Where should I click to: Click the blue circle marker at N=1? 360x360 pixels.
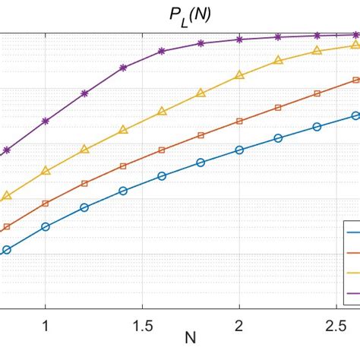[46, 226]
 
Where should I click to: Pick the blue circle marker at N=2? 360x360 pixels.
[239, 150]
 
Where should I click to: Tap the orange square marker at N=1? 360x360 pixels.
[46, 203]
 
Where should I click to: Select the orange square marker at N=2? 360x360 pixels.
[239, 121]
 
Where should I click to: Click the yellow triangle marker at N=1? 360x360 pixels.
[46, 171]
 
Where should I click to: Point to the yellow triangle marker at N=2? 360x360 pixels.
[239, 75]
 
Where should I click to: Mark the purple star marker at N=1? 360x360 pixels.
[46, 121]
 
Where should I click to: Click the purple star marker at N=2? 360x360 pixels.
[239, 39]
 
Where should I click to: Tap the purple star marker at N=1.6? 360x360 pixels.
[162, 51]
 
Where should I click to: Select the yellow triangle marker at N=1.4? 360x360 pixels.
[123, 131]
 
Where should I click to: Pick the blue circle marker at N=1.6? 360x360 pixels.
[162, 175]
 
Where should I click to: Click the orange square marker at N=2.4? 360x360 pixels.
[317, 93]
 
